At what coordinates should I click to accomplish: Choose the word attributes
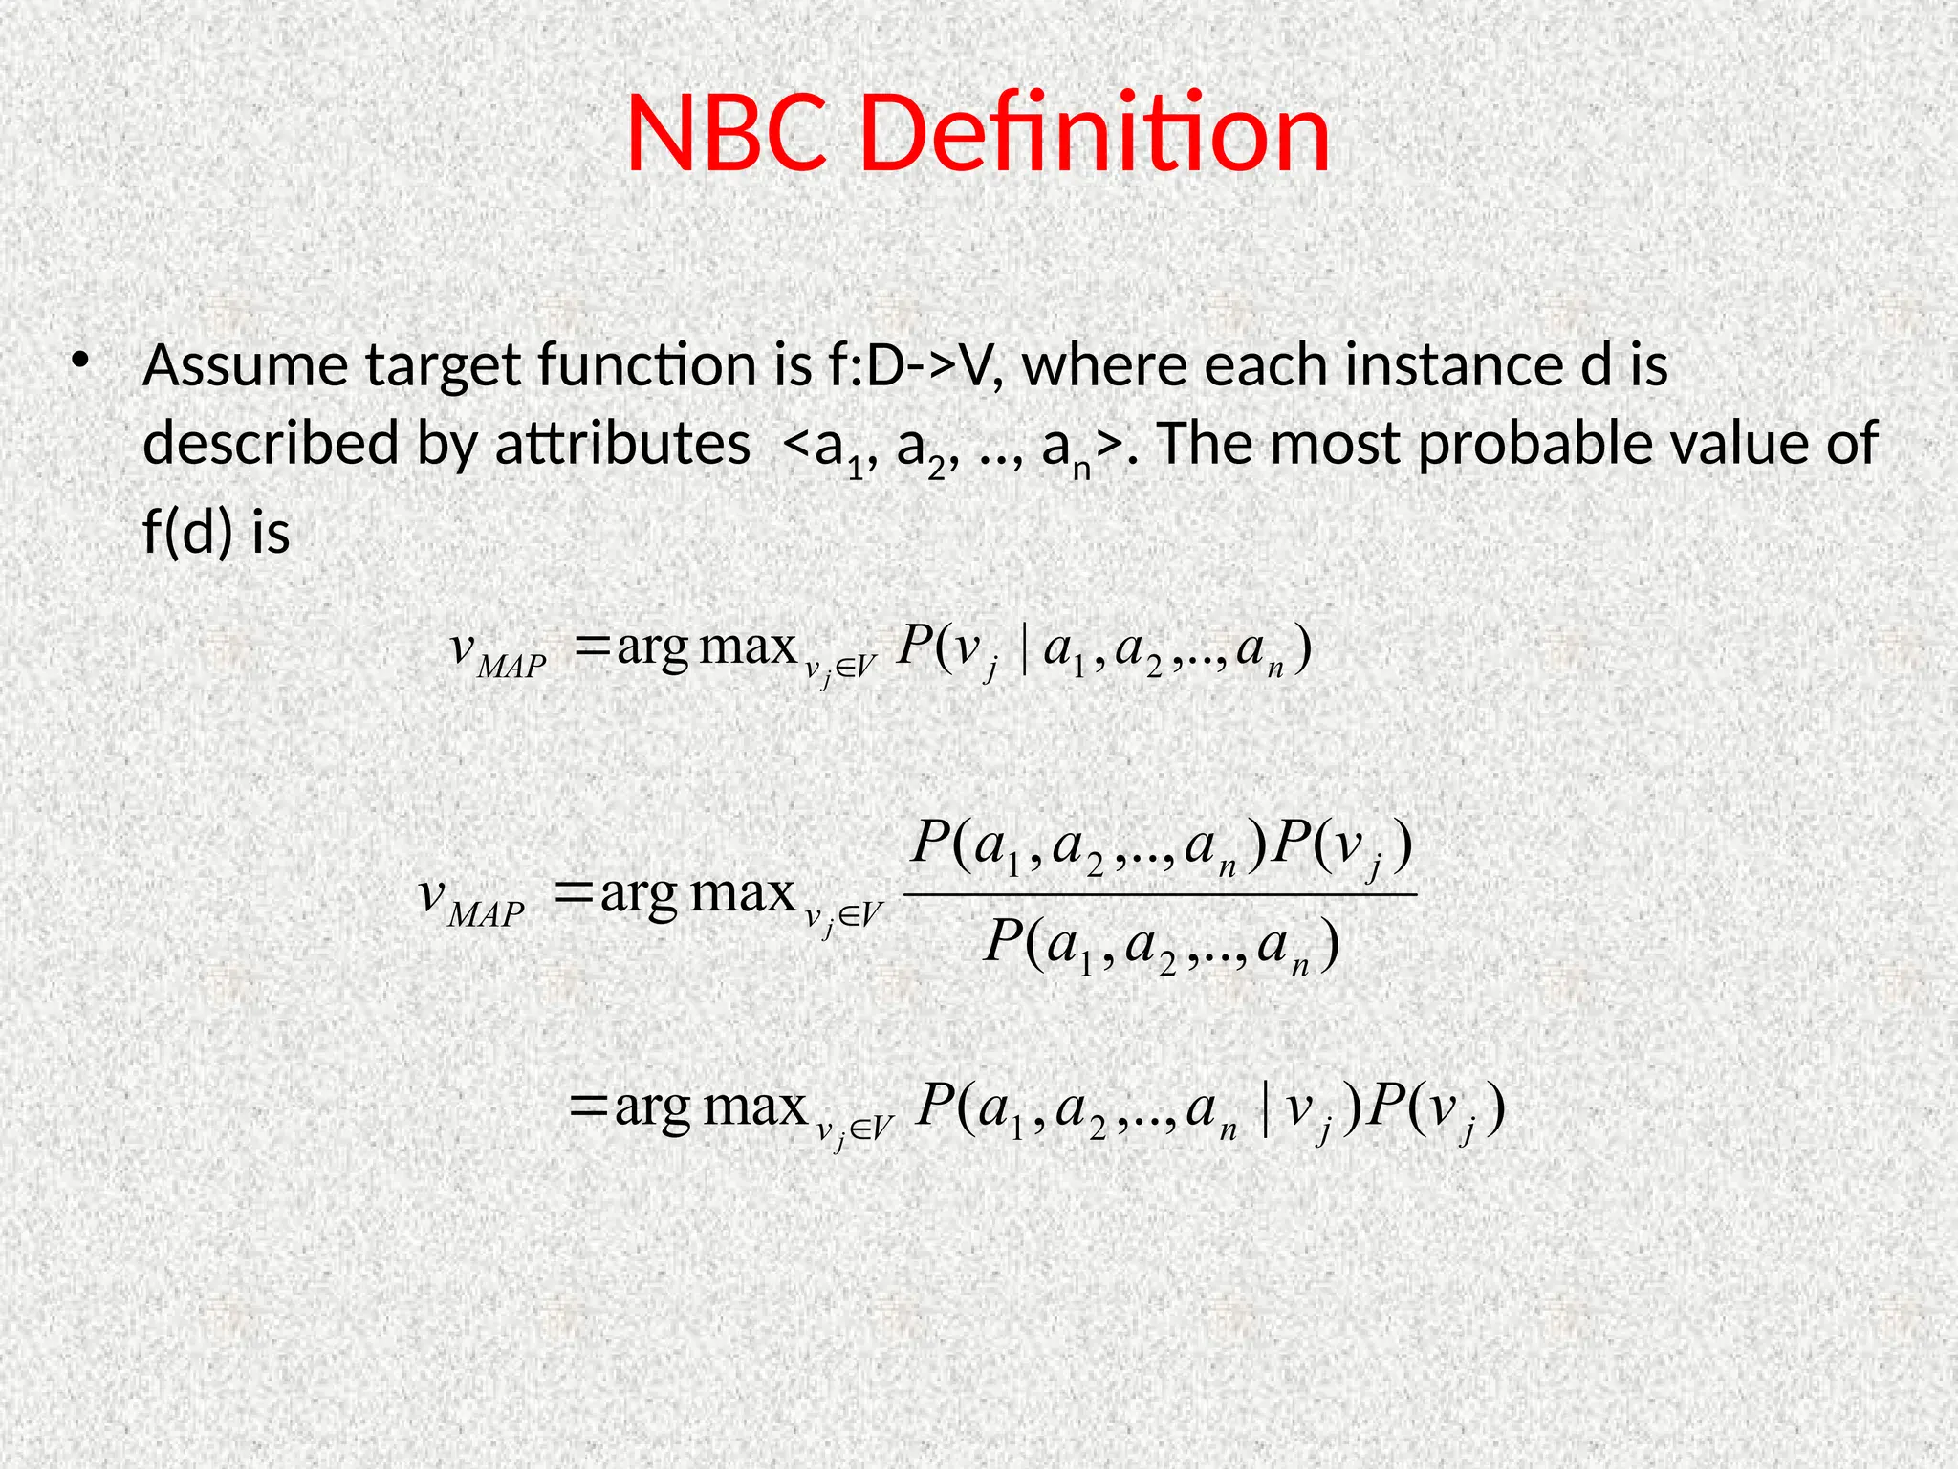621,445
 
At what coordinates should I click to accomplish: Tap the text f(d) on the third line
187,532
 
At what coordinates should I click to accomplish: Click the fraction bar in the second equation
1159,895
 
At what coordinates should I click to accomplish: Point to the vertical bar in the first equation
1024,650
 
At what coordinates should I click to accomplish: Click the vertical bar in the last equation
1267,1111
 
